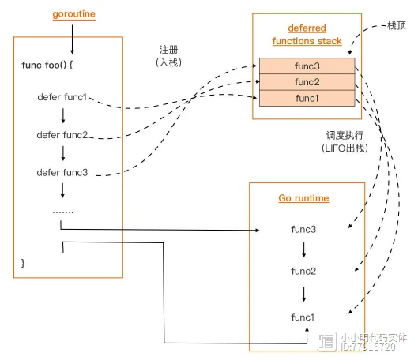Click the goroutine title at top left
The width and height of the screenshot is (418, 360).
[x=72, y=14]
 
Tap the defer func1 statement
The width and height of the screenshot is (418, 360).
[x=62, y=98]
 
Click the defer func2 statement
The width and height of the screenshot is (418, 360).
[x=62, y=135]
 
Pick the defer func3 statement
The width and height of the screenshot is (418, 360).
[x=62, y=172]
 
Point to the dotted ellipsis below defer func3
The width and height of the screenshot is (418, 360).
[x=62, y=211]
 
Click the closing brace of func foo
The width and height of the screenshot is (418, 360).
[x=24, y=261]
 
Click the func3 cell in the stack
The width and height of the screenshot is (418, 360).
[x=307, y=66]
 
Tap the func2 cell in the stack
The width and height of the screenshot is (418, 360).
[x=307, y=82]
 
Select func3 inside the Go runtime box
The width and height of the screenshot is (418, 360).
[x=304, y=229]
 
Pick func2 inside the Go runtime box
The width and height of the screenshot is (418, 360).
[x=304, y=272]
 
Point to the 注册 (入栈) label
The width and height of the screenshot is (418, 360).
[x=171, y=54]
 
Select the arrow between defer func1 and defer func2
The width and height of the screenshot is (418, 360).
[x=62, y=116]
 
